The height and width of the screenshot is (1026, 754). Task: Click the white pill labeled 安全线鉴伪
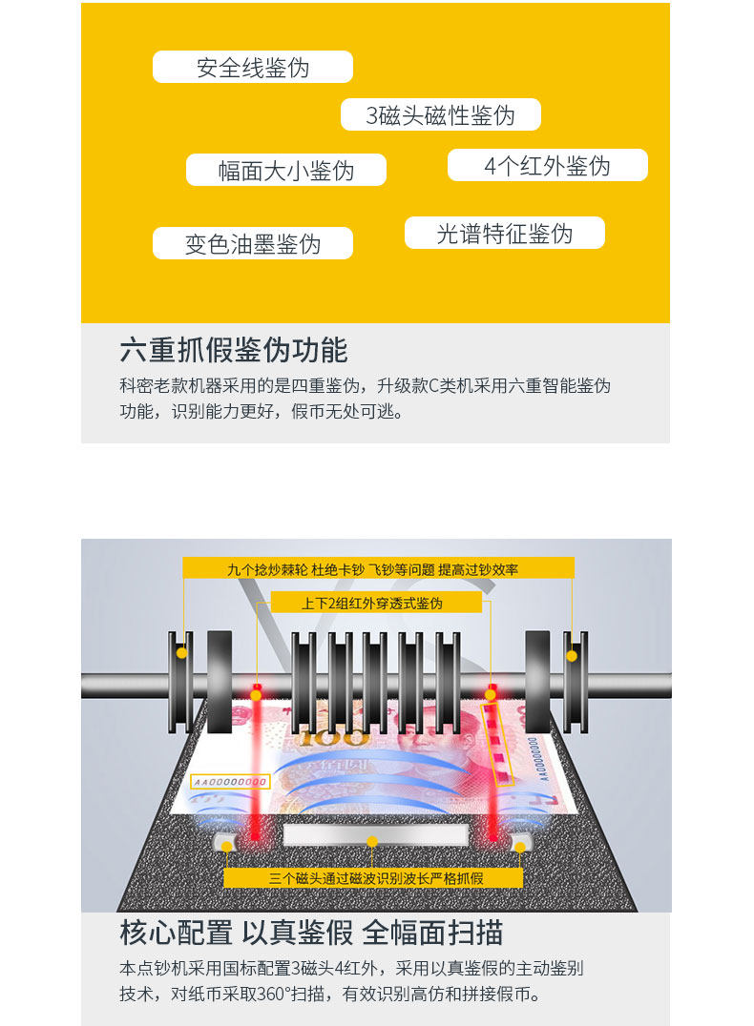coord(253,67)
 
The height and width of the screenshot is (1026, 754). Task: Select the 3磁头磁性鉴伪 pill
coord(441,115)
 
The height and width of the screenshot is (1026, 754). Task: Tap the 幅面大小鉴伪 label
coord(286,170)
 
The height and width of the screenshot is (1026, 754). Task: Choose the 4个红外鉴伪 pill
coord(548,166)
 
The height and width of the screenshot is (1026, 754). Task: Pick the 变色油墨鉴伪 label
coord(253,243)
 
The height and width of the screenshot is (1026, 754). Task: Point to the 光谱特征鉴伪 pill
coord(505,234)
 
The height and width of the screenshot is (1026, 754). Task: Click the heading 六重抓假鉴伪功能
coord(234,350)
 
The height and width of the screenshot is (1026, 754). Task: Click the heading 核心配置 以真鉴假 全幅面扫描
coord(311,932)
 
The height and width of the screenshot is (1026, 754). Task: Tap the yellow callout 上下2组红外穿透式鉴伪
coord(372,603)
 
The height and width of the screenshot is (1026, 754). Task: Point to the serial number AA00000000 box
coord(229,781)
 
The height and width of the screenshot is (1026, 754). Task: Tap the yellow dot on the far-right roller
coord(572,655)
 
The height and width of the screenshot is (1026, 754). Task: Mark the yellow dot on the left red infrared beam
coord(256,695)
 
